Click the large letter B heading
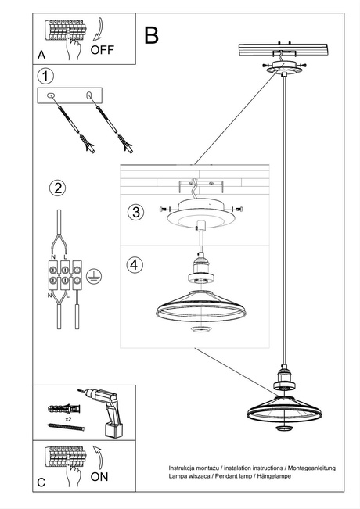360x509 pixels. pos(151,34)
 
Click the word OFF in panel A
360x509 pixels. pos(103,49)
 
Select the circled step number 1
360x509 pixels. pos(47,76)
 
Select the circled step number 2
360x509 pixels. pos(56,188)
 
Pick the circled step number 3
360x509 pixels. pos(135,213)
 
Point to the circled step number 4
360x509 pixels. pos(135,264)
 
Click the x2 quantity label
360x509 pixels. pos(69,420)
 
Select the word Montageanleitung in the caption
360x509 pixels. pos(308,468)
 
